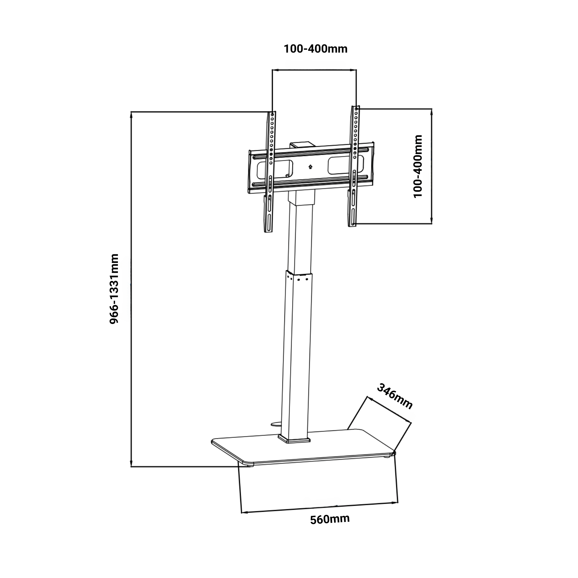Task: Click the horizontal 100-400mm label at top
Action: (x=315, y=49)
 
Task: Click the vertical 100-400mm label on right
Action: (x=418, y=166)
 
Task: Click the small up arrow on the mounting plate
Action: (x=310, y=167)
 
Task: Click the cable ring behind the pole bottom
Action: (x=275, y=424)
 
